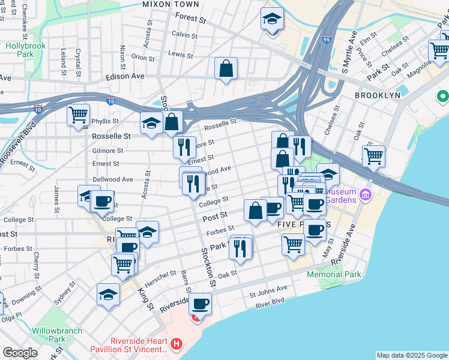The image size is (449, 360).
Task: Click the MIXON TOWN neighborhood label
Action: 165,4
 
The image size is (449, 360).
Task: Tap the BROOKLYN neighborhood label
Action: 377,95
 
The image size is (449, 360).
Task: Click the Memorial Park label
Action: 334,274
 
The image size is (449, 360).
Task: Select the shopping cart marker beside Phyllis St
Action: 78,115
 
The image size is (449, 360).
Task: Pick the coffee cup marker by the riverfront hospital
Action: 200,304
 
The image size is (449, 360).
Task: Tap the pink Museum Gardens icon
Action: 366,195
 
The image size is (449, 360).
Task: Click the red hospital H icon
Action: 176,344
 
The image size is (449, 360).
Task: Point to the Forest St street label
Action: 190,20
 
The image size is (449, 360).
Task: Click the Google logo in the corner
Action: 20,353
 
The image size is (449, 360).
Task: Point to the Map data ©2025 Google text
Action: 412,355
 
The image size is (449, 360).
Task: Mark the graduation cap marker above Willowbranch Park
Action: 108,294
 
